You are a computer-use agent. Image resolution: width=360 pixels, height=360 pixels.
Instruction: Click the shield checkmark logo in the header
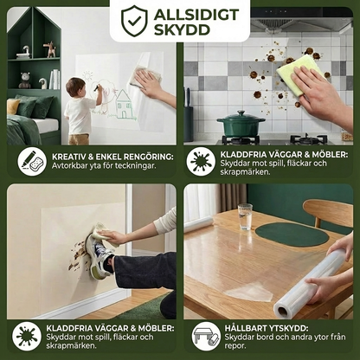click(134, 20)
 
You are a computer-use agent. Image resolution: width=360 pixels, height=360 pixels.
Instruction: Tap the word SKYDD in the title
click(183, 29)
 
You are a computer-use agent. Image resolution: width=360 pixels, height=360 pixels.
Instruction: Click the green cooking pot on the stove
click(241, 124)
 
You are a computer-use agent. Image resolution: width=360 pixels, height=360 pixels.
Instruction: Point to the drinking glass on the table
click(245, 216)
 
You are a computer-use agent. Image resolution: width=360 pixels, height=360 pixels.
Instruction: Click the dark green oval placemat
click(292, 235)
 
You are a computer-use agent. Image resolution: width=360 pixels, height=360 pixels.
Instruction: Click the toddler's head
click(75, 87)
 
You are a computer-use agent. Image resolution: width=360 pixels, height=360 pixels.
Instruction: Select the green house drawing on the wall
click(124, 105)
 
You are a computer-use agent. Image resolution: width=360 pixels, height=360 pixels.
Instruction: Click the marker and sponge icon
click(32, 162)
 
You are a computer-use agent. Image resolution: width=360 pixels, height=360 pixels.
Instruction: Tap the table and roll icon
click(206, 337)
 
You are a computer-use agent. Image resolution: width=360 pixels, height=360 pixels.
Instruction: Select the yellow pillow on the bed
click(13, 106)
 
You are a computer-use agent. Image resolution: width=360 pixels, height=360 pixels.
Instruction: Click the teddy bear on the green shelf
click(25, 80)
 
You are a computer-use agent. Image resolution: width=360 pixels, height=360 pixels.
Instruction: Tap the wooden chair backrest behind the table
click(328, 213)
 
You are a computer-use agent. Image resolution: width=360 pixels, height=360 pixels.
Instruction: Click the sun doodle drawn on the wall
click(87, 76)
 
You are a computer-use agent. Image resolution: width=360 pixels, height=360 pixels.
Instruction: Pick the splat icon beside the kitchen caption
click(201, 162)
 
